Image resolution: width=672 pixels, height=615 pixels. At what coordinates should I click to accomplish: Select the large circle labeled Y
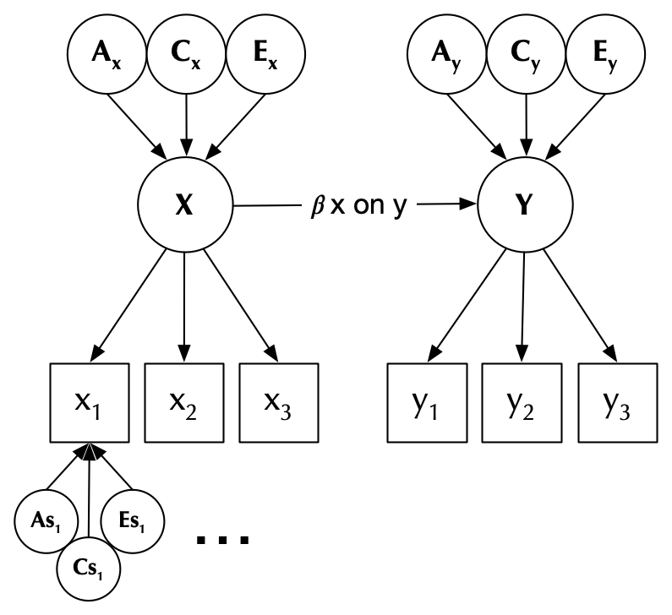pyautogui.click(x=523, y=205)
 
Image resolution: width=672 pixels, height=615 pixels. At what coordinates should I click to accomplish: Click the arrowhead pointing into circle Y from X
pyautogui.click(x=469, y=205)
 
